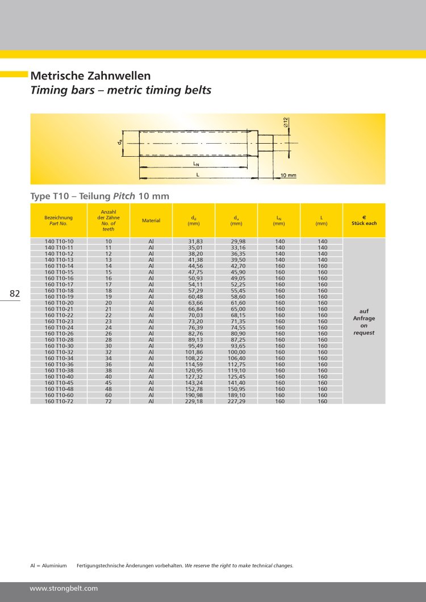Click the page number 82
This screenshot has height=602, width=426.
click(15, 294)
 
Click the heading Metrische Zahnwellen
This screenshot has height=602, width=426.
click(90, 76)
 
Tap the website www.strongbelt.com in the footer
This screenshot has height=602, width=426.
click(64, 588)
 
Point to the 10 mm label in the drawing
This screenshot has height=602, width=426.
click(289, 175)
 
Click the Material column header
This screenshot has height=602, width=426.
click(151, 220)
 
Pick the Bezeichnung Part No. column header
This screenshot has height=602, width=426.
click(59, 220)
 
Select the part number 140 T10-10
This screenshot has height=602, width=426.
click(59, 242)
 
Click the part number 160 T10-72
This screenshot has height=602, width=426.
click(59, 401)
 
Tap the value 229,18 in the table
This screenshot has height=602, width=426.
click(194, 401)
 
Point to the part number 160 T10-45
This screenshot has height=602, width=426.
click(59, 383)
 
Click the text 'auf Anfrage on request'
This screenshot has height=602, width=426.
click(364, 322)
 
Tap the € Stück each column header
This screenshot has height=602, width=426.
click(364, 220)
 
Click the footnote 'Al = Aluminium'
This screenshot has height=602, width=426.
click(48, 566)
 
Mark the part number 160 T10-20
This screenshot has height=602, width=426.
click(59, 303)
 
